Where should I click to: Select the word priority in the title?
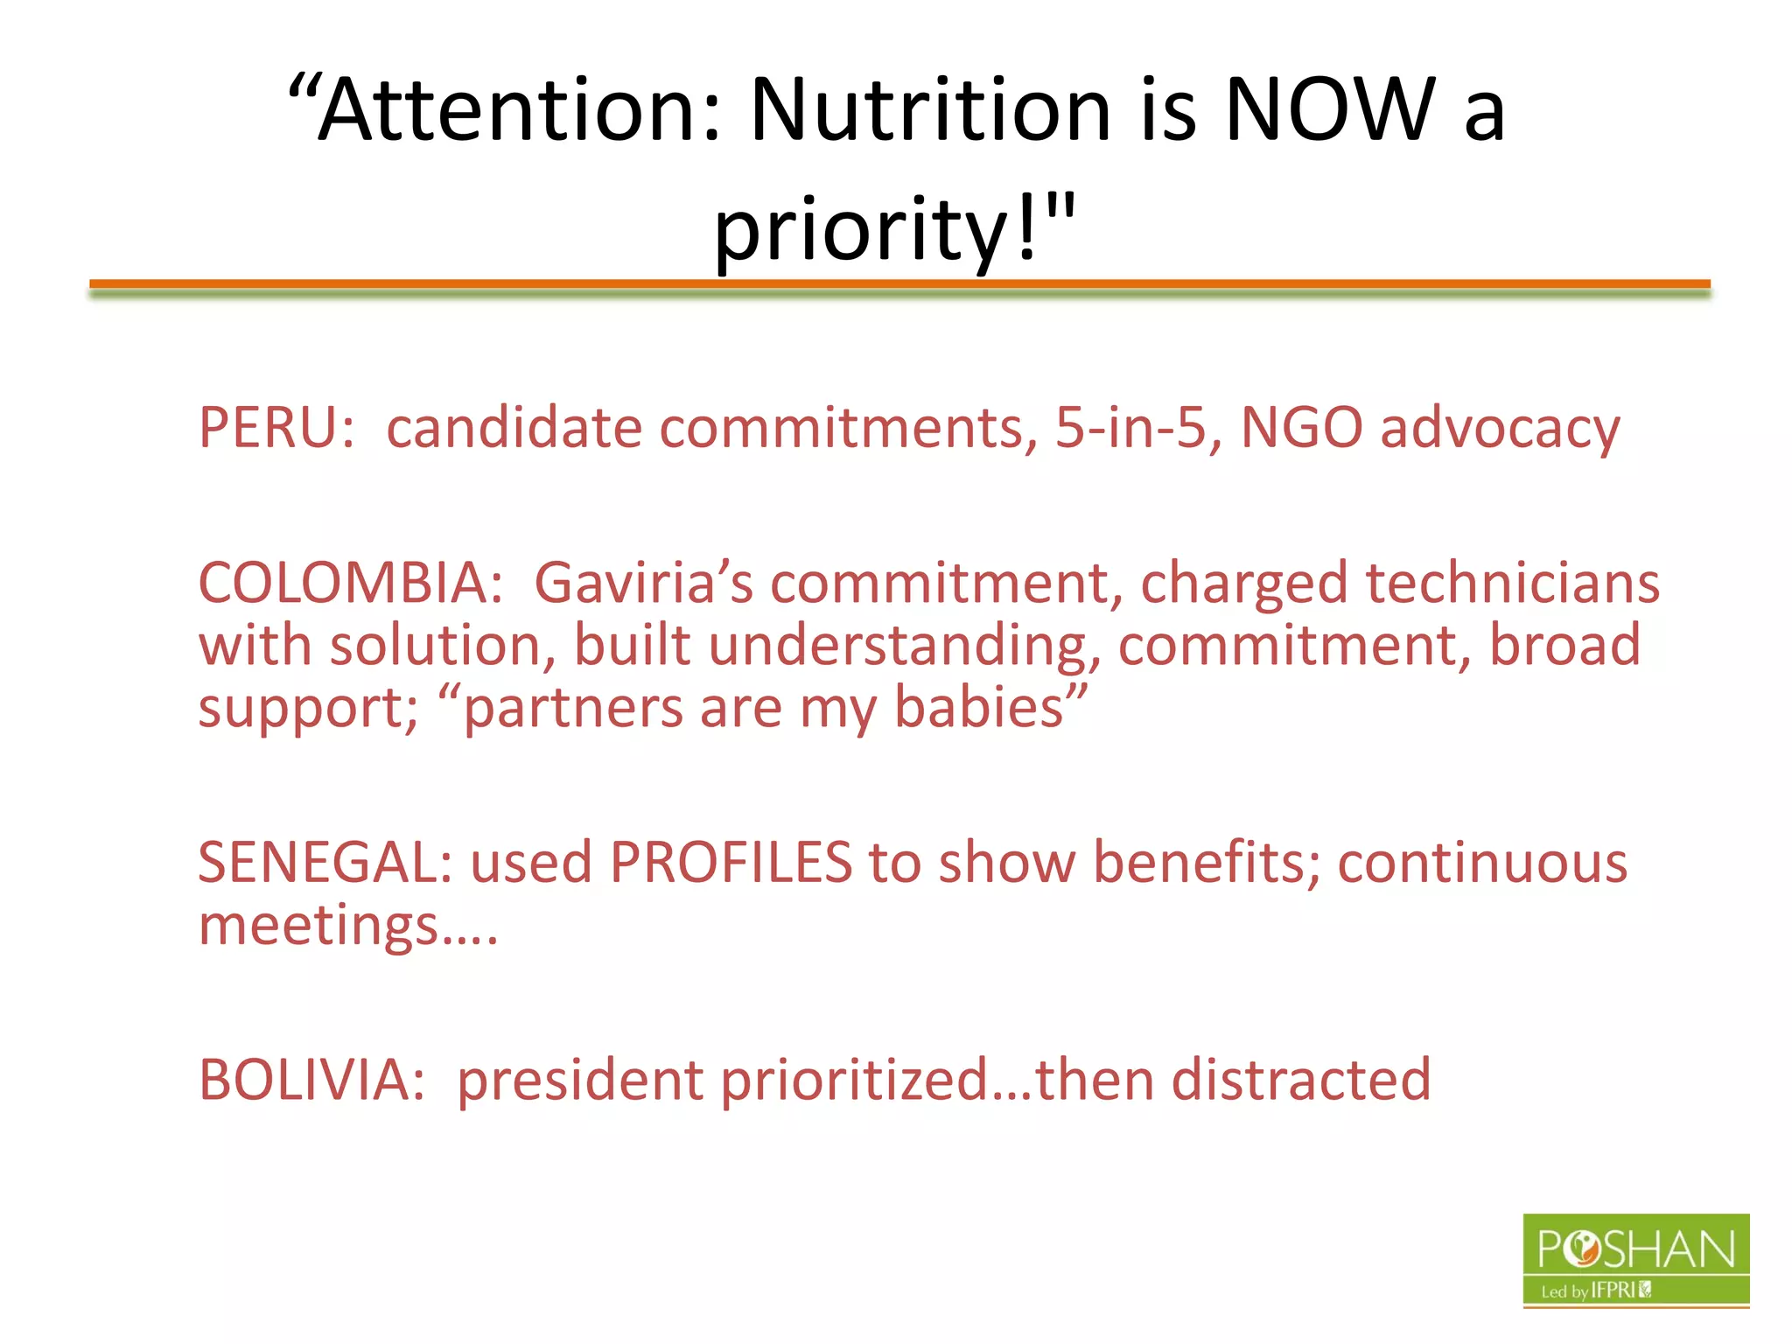coord(862,229)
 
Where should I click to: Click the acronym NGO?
coord(1302,428)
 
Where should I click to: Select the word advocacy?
coord(1500,430)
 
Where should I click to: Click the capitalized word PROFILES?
coord(731,863)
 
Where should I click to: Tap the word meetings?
coord(319,926)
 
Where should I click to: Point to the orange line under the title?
coord(899,283)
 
